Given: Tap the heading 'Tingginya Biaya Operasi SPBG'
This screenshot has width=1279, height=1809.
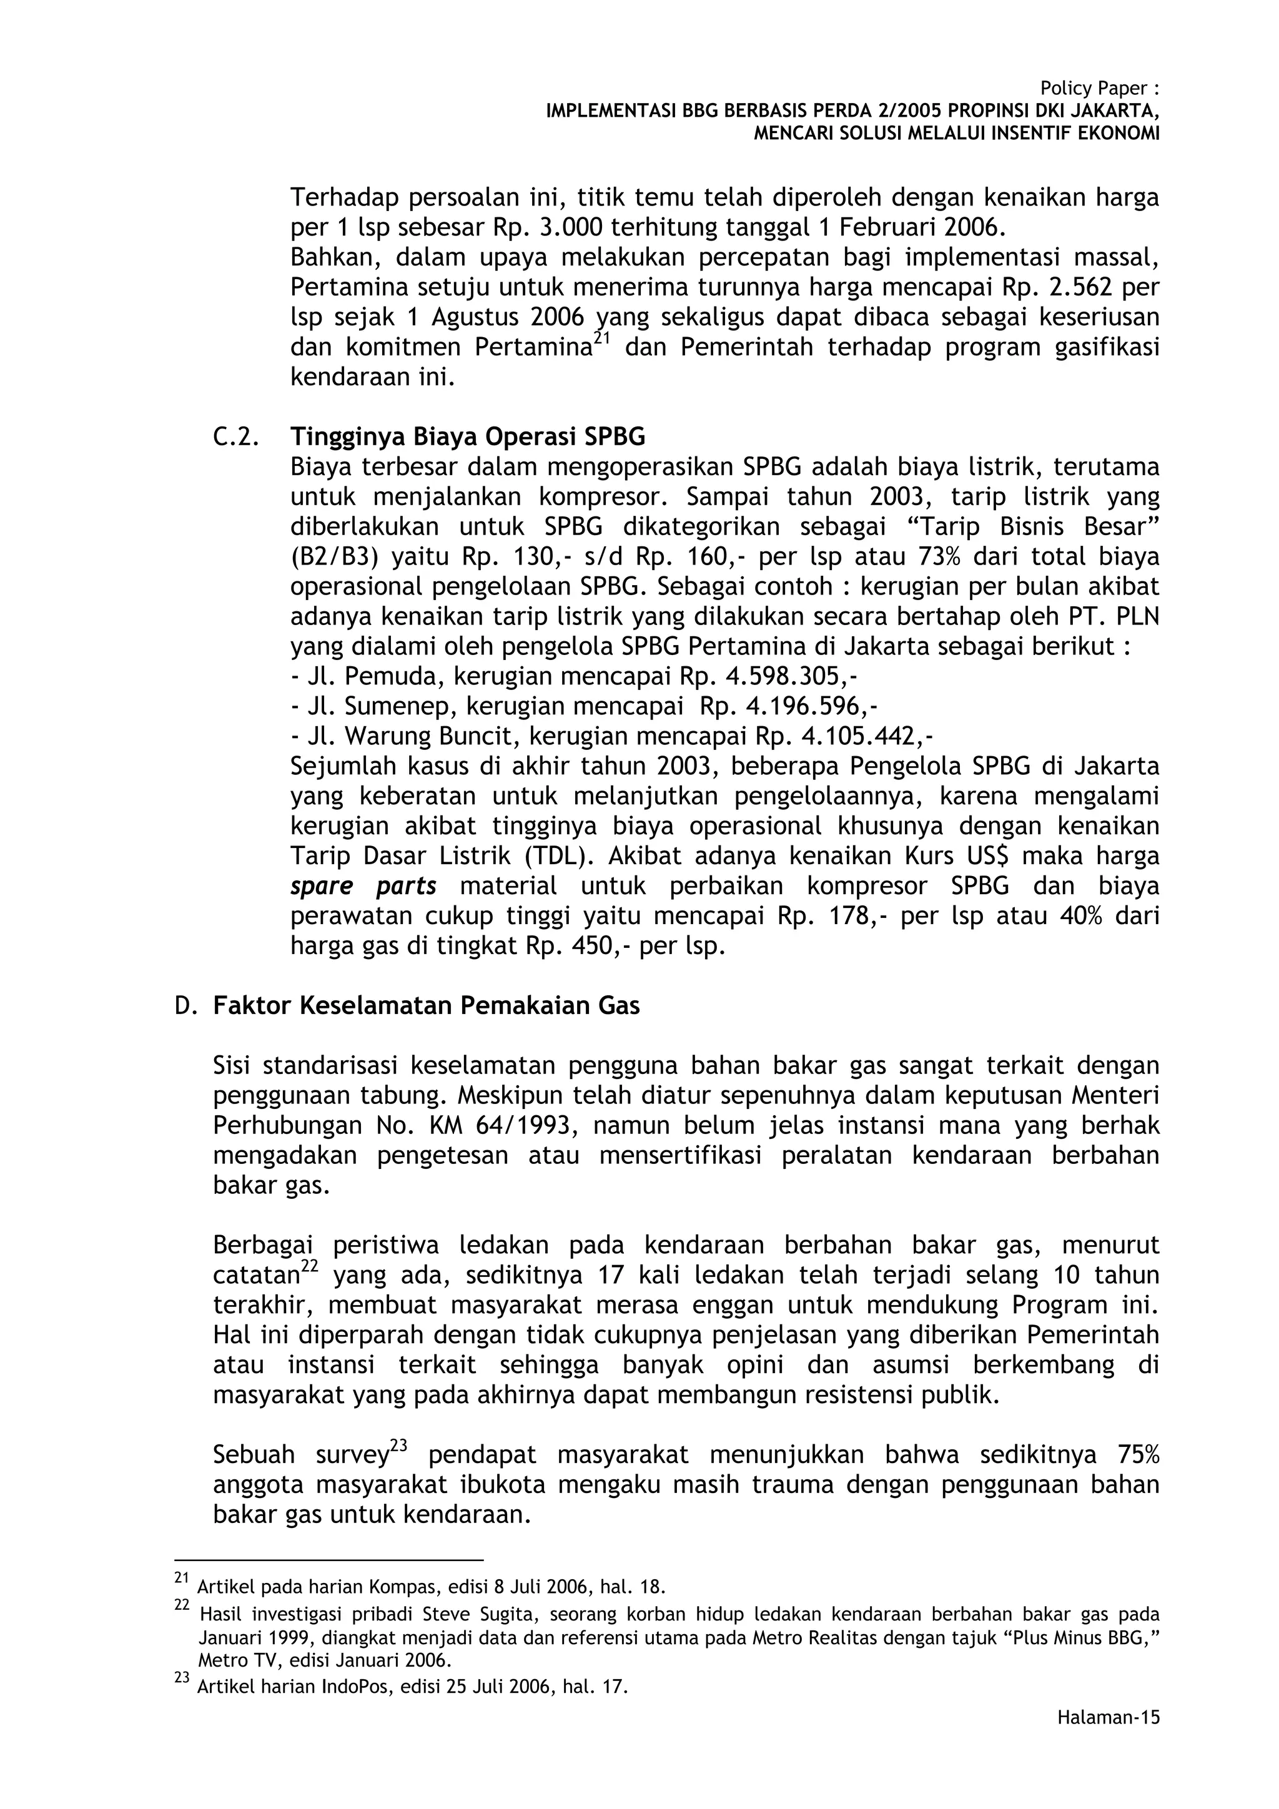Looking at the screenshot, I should point(467,436).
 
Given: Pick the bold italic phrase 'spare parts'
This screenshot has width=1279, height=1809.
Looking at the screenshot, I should point(363,886).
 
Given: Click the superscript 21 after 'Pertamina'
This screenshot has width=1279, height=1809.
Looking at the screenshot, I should point(602,338).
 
